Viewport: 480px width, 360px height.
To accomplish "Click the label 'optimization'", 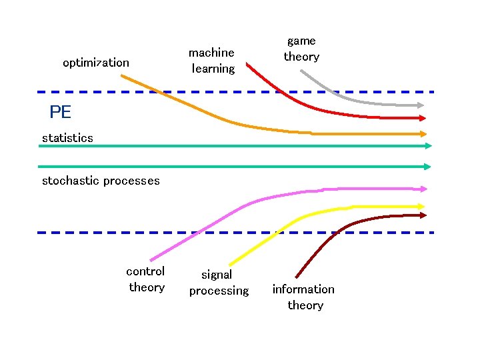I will (x=96, y=63).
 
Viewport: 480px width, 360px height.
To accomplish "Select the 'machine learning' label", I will (x=212, y=60).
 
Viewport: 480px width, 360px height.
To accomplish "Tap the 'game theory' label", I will (x=301, y=49).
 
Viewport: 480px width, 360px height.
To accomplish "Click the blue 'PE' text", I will (x=60, y=112).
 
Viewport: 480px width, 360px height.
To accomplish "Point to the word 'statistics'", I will (x=67, y=138).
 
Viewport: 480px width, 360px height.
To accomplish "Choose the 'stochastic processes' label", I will (x=101, y=181).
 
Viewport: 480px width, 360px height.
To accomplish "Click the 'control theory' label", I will (x=146, y=279).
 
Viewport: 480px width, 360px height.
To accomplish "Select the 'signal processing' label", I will (x=218, y=283).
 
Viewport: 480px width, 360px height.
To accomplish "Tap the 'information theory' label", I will (x=304, y=297).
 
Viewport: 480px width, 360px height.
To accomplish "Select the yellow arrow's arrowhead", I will (x=423, y=207).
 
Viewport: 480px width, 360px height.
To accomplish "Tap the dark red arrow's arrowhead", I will (x=423, y=215).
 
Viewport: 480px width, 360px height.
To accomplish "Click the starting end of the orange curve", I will (x=122, y=75).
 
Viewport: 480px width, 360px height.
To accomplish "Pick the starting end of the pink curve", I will (x=151, y=260).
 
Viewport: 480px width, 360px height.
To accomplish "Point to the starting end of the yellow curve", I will (x=229, y=263).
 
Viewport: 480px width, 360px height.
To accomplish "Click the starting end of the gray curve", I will (x=301, y=71).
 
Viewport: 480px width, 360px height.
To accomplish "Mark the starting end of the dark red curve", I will (x=296, y=277).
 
